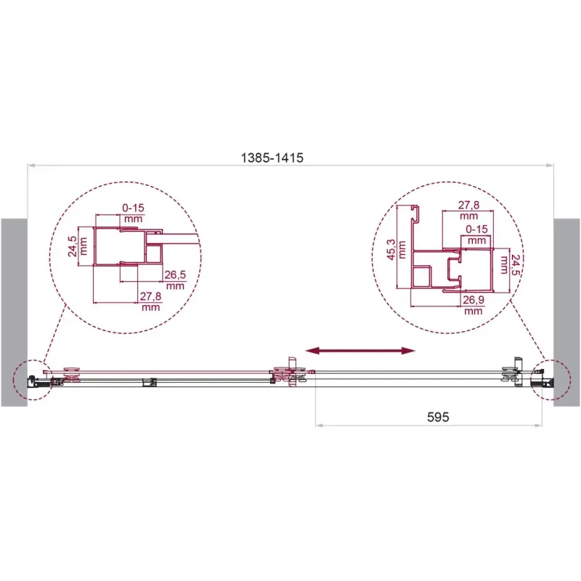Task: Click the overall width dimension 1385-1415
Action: (272, 158)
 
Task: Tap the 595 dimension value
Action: (438, 417)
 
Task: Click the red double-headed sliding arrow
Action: (360, 351)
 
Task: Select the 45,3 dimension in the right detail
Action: (391, 249)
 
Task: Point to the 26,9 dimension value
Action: (474, 299)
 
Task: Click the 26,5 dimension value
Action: (175, 275)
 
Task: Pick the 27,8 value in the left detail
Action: (150, 296)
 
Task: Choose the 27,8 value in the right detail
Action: (468, 205)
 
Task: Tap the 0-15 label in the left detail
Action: (133, 208)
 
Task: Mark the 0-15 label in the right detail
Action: (477, 229)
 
